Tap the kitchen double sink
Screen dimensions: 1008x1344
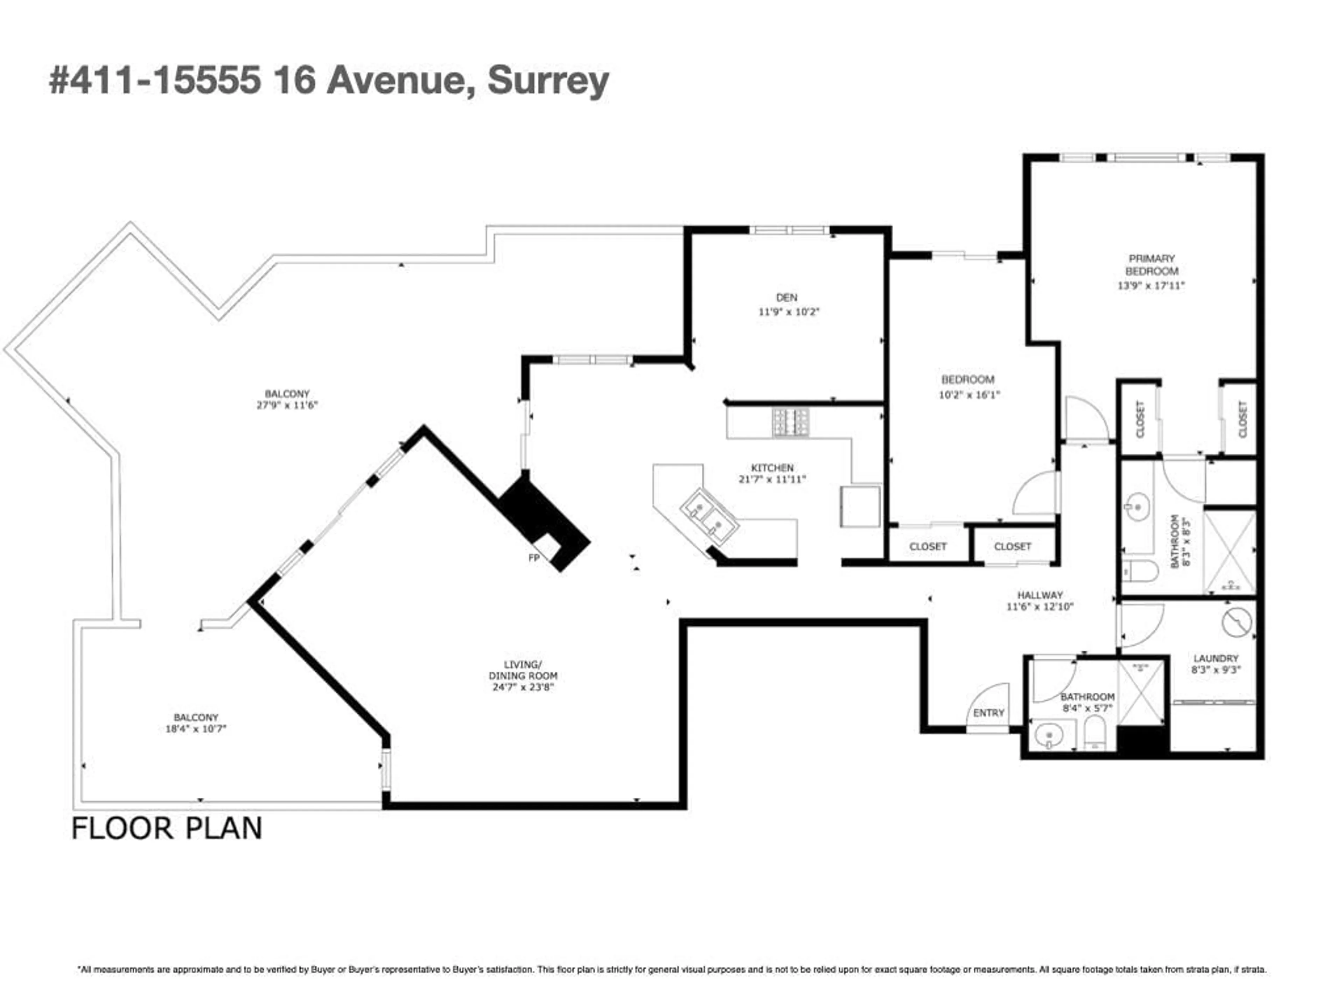point(708,515)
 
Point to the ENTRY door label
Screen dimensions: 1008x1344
point(988,713)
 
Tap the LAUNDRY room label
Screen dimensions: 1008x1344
point(1215,658)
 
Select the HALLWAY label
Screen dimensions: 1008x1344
point(1039,595)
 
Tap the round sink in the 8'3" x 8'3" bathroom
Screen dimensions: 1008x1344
point(1135,506)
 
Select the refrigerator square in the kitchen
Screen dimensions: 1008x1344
point(860,505)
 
